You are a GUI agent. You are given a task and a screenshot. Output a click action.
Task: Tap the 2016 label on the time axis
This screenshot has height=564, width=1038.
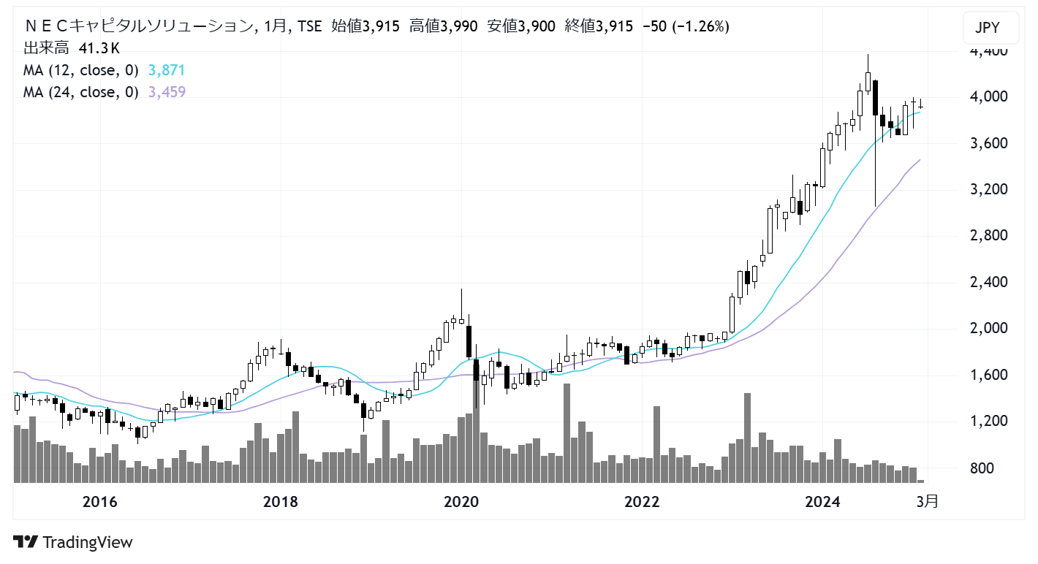(100, 502)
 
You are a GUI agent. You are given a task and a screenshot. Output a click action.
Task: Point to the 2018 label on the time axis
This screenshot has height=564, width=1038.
(281, 502)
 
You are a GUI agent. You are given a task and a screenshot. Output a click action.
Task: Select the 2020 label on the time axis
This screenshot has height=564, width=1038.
(461, 502)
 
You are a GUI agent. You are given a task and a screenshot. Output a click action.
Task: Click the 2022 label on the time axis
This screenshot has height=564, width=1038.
(642, 502)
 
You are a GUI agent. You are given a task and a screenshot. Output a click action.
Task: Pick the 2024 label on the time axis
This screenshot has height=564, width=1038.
(822, 502)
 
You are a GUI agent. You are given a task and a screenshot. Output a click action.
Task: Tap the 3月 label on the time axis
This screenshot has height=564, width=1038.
(928, 501)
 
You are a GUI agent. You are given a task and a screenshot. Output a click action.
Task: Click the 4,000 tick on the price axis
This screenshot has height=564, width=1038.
(989, 96)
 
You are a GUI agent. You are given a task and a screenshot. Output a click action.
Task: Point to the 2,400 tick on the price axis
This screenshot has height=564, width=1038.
(989, 282)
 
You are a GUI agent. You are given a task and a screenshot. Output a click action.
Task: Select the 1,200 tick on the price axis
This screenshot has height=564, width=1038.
(989, 421)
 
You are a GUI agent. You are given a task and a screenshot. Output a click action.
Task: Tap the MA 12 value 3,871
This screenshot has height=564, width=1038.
(167, 70)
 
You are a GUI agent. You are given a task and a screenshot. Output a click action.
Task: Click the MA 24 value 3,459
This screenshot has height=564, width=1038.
(167, 92)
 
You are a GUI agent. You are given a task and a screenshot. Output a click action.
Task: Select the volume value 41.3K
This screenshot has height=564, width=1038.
(99, 48)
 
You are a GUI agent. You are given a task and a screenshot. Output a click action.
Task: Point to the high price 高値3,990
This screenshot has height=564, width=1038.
(443, 26)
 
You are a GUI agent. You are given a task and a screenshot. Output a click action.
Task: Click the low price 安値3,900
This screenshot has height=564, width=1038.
(521, 26)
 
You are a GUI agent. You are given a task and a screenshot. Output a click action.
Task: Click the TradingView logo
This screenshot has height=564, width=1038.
(73, 542)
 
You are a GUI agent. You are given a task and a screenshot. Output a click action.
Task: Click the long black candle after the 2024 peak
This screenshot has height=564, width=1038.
(875, 98)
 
